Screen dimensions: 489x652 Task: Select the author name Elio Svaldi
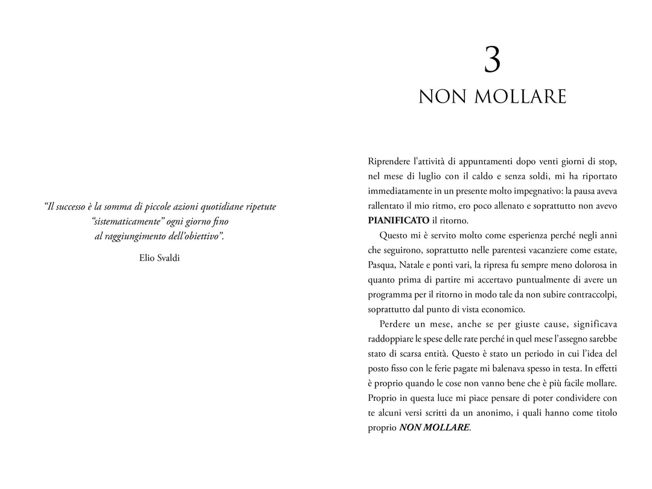click(159, 258)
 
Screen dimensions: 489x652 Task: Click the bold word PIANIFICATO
click(398, 220)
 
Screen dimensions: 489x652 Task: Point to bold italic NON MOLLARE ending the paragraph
click(434, 427)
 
